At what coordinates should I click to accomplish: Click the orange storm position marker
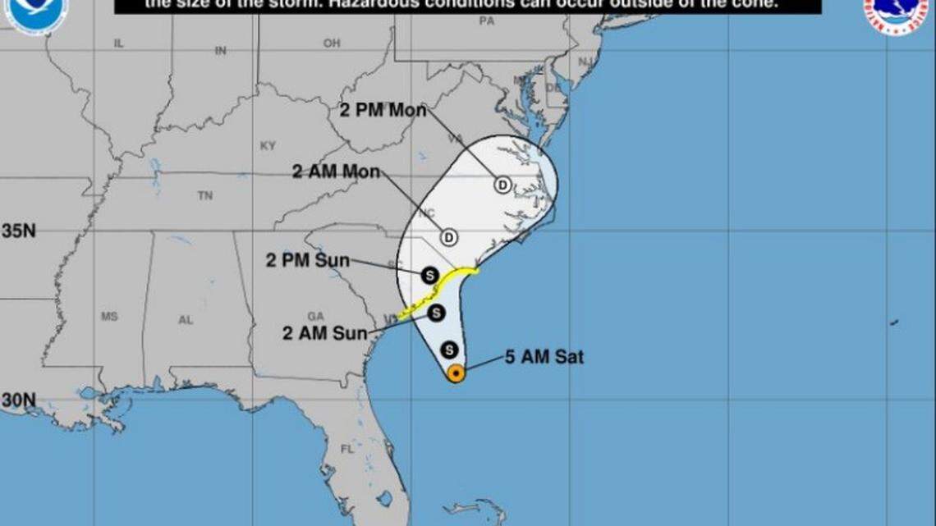point(456,373)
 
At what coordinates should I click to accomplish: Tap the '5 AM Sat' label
point(544,357)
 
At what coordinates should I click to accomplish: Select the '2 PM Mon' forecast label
point(383,110)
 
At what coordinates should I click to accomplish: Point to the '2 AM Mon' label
point(336,172)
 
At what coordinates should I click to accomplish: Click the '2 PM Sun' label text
point(307,261)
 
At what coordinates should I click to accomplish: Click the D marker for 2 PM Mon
point(502,185)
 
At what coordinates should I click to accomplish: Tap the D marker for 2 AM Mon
point(448,238)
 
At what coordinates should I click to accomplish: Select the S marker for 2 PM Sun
point(429,275)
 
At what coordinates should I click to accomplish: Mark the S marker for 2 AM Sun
point(436,313)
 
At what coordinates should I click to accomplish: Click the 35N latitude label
point(18,231)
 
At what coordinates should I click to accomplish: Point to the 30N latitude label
point(18,400)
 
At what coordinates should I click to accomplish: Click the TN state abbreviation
point(205,195)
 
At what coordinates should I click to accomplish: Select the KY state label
point(268,146)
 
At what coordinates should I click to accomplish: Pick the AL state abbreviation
point(186,320)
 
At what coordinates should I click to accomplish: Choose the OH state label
point(331,43)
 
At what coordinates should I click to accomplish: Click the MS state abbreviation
point(109,316)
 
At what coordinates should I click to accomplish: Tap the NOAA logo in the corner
point(35,14)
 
